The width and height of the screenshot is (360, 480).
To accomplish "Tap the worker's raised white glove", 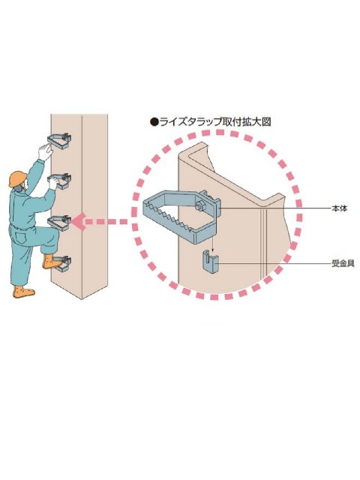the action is [46, 152].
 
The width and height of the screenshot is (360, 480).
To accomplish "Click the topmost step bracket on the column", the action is [59, 141].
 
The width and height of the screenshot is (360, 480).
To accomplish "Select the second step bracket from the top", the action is [60, 181].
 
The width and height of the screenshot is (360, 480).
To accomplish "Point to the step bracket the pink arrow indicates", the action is [60, 223].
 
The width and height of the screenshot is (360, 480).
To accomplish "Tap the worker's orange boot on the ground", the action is [23, 292].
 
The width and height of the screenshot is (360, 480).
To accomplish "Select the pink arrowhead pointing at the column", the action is [78, 222].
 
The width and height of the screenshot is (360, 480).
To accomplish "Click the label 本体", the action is [340, 208].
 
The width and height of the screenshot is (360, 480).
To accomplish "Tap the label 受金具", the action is [343, 263].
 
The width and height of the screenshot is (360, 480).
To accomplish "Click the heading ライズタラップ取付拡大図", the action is [215, 122].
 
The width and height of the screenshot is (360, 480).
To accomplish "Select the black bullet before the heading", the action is [154, 122].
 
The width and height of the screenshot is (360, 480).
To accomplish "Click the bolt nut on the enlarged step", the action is [199, 205].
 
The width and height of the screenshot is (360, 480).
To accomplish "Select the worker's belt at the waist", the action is [22, 228].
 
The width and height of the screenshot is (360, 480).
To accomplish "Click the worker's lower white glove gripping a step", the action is [53, 183].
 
